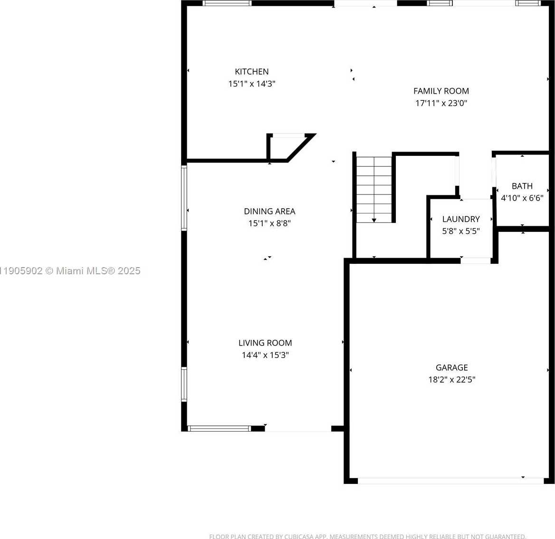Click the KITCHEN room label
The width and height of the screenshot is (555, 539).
[251, 72]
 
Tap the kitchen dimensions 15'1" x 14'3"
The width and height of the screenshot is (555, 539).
[251, 84]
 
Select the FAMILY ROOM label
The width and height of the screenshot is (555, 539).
[441, 91]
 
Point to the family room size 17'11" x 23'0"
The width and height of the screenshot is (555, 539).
[441, 103]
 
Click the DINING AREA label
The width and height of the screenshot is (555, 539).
[269, 211]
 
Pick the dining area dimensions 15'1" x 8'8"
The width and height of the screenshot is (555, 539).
[269, 223]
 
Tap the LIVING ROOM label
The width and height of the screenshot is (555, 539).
[265, 343]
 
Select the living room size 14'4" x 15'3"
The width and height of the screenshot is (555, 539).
[265, 355]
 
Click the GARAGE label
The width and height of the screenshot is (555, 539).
[451, 367]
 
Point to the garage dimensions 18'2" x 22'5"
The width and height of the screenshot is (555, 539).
[451, 380]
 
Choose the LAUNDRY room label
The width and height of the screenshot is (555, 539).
[460, 219]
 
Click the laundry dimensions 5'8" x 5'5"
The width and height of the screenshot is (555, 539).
[460, 231]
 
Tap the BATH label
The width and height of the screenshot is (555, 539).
[522, 186]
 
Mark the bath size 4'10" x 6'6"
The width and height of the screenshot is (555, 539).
[522, 198]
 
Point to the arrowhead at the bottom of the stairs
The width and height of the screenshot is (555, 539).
[374, 220]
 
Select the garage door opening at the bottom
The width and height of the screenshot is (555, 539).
[450, 481]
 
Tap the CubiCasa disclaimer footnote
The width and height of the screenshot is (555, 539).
[367, 536]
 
